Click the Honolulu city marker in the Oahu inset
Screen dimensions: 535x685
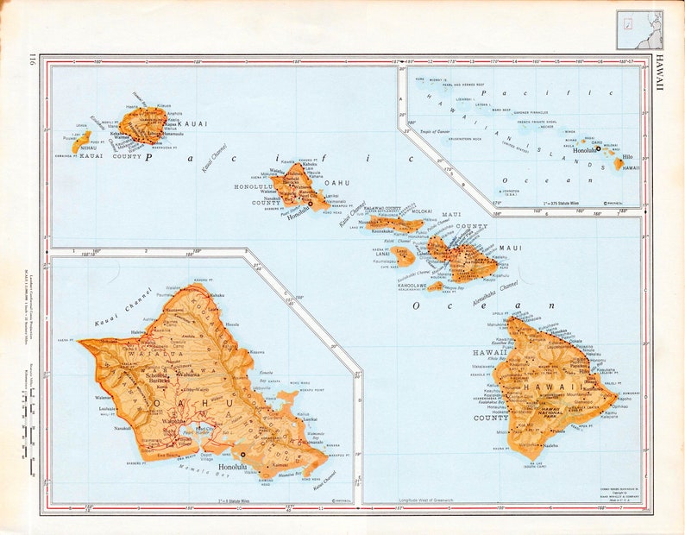[x=243, y=454]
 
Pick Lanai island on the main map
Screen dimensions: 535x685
[x=403, y=255]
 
